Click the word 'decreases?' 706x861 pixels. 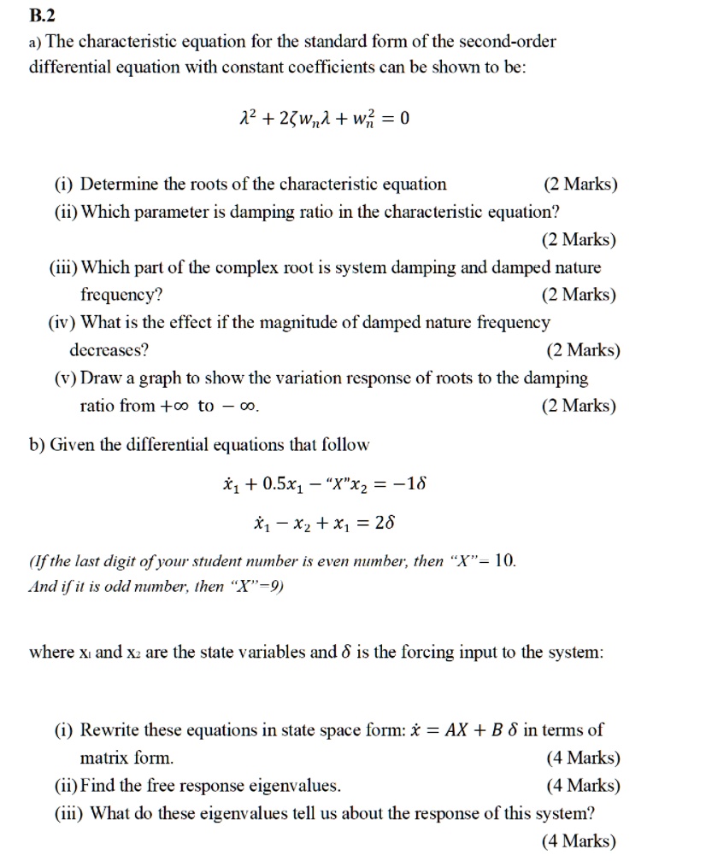click(109, 350)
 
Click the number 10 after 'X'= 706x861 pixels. click(505, 561)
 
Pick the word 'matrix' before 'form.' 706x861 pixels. click(104, 758)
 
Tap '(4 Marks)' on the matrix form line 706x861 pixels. click(580, 758)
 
